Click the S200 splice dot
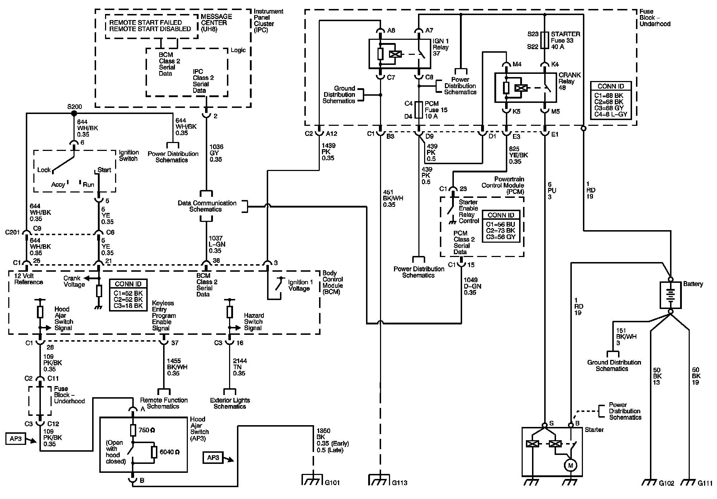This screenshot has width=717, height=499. pyautogui.click(x=74, y=113)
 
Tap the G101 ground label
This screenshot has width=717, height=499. pyautogui.click(x=332, y=483)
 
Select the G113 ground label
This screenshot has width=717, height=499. pyautogui.click(x=399, y=483)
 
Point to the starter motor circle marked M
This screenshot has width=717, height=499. pyautogui.click(x=570, y=465)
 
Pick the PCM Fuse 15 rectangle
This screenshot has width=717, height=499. pyautogui.click(x=419, y=110)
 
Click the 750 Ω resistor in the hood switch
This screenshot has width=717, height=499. pyautogui.click(x=133, y=430)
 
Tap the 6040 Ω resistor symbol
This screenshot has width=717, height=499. pyautogui.click(x=154, y=452)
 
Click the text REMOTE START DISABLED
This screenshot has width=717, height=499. pyautogui.click(x=150, y=29)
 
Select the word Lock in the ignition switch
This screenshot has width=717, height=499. pyautogui.click(x=44, y=170)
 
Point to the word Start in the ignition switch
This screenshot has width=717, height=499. pyautogui.click(x=104, y=170)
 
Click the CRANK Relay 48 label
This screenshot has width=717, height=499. pyautogui.click(x=570, y=81)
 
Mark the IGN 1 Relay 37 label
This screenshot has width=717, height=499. pyautogui.click(x=441, y=47)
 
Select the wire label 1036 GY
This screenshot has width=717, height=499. pyautogui.click(x=216, y=153)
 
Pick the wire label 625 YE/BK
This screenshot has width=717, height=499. pyautogui.click(x=518, y=155)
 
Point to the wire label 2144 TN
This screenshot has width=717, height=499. pyautogui.click(x=239, y=367)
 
